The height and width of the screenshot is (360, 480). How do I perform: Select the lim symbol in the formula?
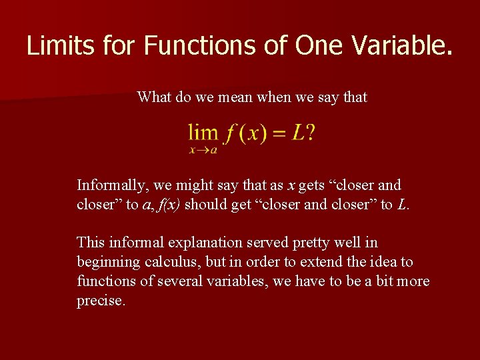(203, 133)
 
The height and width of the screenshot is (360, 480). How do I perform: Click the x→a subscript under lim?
(203, 150)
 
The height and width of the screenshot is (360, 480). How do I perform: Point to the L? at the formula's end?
(304, 133)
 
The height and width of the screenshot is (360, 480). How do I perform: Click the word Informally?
(109, 185)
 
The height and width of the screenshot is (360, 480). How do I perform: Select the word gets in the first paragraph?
(312, 185)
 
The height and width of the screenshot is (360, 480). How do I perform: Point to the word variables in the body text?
(237, 281)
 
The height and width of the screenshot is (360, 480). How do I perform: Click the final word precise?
(100, 301)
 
